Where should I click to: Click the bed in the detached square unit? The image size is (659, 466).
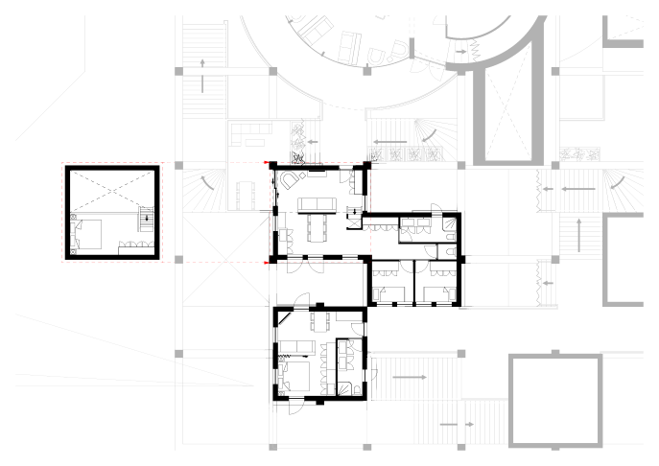click(x=92, y=232)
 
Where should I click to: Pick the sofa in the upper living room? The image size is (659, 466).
click(x=315, y=203)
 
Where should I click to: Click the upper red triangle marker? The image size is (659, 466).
click(x=268, y=164)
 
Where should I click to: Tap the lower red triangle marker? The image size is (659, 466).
click(x=268, y=261)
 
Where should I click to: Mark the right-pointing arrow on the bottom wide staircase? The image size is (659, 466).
click(x=410, y=378)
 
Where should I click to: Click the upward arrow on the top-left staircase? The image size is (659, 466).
click(x=203, y=63)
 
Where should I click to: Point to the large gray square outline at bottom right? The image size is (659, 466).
click(x=555, y=400)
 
